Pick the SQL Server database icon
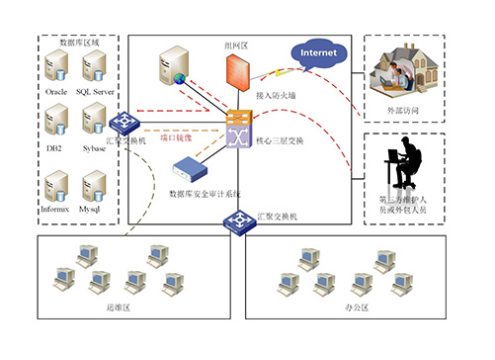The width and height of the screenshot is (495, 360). [x=95, y=66]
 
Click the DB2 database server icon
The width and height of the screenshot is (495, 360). [x=57, y=125]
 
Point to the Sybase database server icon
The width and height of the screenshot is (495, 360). [x=95, y=125]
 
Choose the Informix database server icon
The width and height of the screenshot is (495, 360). [x=57, y=185]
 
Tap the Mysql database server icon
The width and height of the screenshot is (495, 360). [x=95, y=185]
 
